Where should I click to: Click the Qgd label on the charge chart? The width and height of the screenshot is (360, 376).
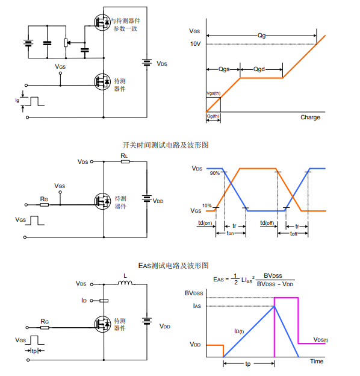[259, 69]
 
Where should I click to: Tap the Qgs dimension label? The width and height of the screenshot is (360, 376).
[224, 69]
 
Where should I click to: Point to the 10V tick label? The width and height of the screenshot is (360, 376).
[195, 44]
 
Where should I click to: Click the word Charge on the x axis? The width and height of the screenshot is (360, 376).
[310, 117]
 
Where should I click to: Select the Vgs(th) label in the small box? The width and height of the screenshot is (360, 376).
[214, 93]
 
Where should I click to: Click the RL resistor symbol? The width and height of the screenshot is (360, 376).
[125, 161]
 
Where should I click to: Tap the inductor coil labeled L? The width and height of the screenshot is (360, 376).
[125, 283]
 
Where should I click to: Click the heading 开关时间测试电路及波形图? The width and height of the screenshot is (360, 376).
[166, 145]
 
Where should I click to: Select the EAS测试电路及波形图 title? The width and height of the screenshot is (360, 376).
[173, 266]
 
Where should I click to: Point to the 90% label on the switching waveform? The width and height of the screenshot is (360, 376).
[214, 173]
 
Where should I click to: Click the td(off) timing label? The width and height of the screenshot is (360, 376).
[267, 223]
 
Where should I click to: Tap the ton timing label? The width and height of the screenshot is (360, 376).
[230, 233]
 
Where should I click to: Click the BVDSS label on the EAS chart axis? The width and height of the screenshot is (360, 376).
[194, 293]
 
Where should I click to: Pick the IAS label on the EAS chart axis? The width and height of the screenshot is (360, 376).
[197, 306]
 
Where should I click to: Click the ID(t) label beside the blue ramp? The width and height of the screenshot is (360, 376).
[239, 331]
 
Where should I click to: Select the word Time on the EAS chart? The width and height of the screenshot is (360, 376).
[317, 362]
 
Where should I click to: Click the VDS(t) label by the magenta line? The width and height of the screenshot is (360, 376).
[321, 340]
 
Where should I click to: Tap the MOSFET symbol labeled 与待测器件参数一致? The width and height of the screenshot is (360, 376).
[102, 22]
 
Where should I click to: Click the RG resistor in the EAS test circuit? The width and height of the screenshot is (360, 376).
[45, 328]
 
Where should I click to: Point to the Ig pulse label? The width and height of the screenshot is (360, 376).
[17, 100]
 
